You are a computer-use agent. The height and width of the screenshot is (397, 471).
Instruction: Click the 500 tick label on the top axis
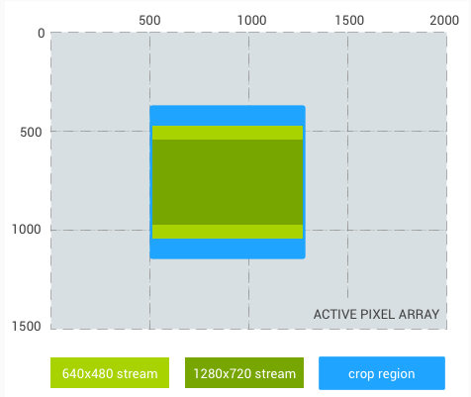click(x=149, y=19)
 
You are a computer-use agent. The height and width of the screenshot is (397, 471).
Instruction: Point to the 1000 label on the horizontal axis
click(x=251, y=19)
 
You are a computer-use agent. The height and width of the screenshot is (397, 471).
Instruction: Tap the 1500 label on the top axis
click(x=348, y=19)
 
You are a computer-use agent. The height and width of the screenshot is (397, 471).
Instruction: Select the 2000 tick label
click(x=443, y=19)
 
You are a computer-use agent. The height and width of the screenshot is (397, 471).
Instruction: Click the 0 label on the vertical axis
click(x=41, y=34)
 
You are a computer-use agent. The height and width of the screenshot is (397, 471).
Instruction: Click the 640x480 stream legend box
click(x=110, y=373)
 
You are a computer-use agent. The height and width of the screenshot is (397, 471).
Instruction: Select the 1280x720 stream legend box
click(x=244, y=373)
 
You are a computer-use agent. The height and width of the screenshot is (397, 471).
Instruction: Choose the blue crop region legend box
click(x=381, y=373)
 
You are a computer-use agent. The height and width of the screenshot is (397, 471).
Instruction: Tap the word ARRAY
click(x=420, y=315)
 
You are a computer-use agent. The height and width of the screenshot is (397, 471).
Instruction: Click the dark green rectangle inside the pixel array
click(x=228, y=182)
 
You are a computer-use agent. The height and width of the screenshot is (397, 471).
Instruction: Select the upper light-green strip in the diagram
click(x=228, y=133)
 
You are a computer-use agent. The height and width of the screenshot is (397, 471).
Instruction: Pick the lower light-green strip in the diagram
click(x=228, y=232)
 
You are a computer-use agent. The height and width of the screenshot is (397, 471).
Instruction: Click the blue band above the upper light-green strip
click(x=228, y=115)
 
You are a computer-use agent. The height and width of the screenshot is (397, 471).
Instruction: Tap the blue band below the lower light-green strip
click(x=228, y=248)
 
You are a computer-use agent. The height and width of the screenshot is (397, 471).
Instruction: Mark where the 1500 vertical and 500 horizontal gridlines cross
click(x=348, y=131)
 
